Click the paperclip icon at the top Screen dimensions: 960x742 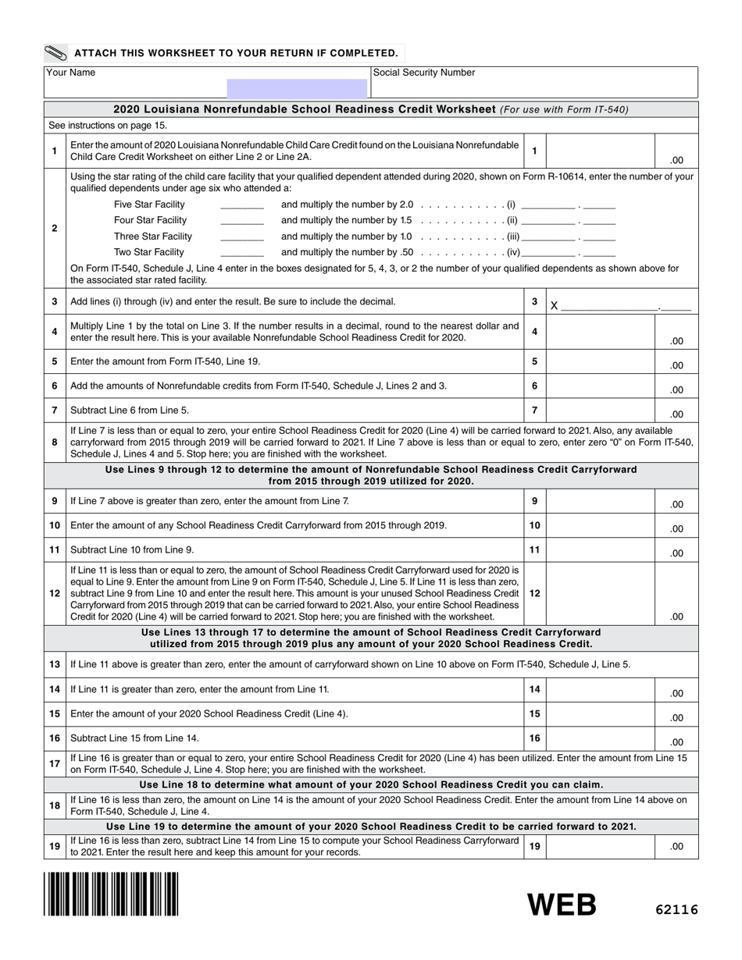pos(56,53)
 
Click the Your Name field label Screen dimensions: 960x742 pos(71,73)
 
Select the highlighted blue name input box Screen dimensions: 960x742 pos(297,88)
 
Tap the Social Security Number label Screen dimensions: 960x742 pos(424,73)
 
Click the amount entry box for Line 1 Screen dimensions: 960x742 pos(599,151)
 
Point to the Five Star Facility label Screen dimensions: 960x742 pos(149,204)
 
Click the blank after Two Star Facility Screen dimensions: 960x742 pos(242,252)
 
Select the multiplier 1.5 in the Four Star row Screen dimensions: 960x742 pos(405,221)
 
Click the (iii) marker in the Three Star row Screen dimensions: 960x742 pos(513,236)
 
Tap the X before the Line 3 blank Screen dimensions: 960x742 pos(554,306)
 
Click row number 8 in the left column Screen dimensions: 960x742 pos(55,443)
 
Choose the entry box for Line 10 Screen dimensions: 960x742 pos(599,525)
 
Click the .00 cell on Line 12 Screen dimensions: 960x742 pos(676,617)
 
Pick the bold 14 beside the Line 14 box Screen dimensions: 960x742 pos(535,689)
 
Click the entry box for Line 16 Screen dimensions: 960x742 pos(599,738)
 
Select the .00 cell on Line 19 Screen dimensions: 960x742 pos(676,846)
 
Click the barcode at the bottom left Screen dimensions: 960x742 pos(111,894)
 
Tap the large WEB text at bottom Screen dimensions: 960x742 pos(562,905)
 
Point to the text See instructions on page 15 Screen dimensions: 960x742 pos(108,126)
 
